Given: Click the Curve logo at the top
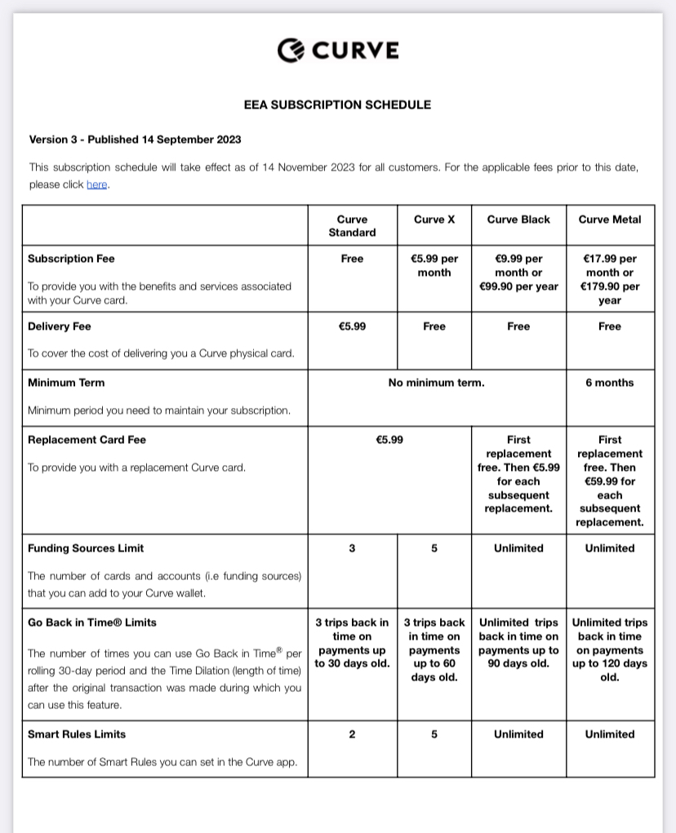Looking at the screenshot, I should [338, 51].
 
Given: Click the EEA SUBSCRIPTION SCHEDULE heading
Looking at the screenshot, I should [337, 104].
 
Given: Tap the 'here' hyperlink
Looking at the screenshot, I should [96, 184].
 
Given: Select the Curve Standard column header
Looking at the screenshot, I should [352, 226].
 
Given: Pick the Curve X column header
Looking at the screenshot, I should [434, 219].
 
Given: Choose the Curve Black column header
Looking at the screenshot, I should [518, 219].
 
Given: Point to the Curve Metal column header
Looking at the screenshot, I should [610, 219].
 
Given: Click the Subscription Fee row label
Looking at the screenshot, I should [71, 259].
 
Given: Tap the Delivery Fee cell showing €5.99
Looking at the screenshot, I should [352, 326].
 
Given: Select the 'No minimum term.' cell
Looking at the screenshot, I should [436, 383].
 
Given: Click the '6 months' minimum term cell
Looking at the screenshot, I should [610, 383].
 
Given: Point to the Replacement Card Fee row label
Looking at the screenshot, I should [87, 440].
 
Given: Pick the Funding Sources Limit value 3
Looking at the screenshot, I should [352, 548].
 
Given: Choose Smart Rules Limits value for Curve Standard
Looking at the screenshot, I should [352, 734].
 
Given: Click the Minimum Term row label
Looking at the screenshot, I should [66, 383].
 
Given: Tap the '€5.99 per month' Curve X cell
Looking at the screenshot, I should [434, 266].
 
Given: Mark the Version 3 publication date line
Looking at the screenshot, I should [135, 140].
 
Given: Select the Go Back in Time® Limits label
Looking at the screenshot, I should [91, 623].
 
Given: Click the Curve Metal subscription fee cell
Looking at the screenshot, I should [610, 279].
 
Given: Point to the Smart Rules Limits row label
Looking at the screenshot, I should [77, 734].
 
